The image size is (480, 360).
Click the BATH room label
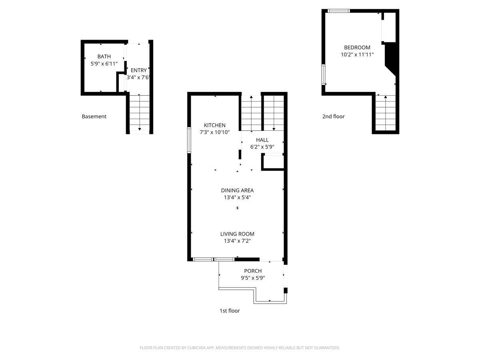(104, 57)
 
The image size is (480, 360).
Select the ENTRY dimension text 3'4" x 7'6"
(138, 78)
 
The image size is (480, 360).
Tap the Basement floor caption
(94, 117)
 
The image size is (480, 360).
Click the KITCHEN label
(214, 125)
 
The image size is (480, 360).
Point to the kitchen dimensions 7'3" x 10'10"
(214, 132)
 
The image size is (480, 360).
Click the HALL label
(262, 140)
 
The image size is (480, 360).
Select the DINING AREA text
(237, 190)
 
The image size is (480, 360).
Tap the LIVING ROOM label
(237, 234)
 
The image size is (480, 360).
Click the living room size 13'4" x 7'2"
(237, 241)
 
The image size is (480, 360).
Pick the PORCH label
(253, 271)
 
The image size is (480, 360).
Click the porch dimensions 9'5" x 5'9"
(253, 278)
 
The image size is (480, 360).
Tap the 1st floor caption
(230, 311)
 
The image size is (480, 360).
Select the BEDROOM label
(357, 47)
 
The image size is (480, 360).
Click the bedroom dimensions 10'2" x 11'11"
(357, 54)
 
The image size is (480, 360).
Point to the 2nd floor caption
(333, 117)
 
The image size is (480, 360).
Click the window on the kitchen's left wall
(189, 140)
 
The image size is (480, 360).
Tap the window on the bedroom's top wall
(338, 11)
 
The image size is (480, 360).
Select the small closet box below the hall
(274, 162)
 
